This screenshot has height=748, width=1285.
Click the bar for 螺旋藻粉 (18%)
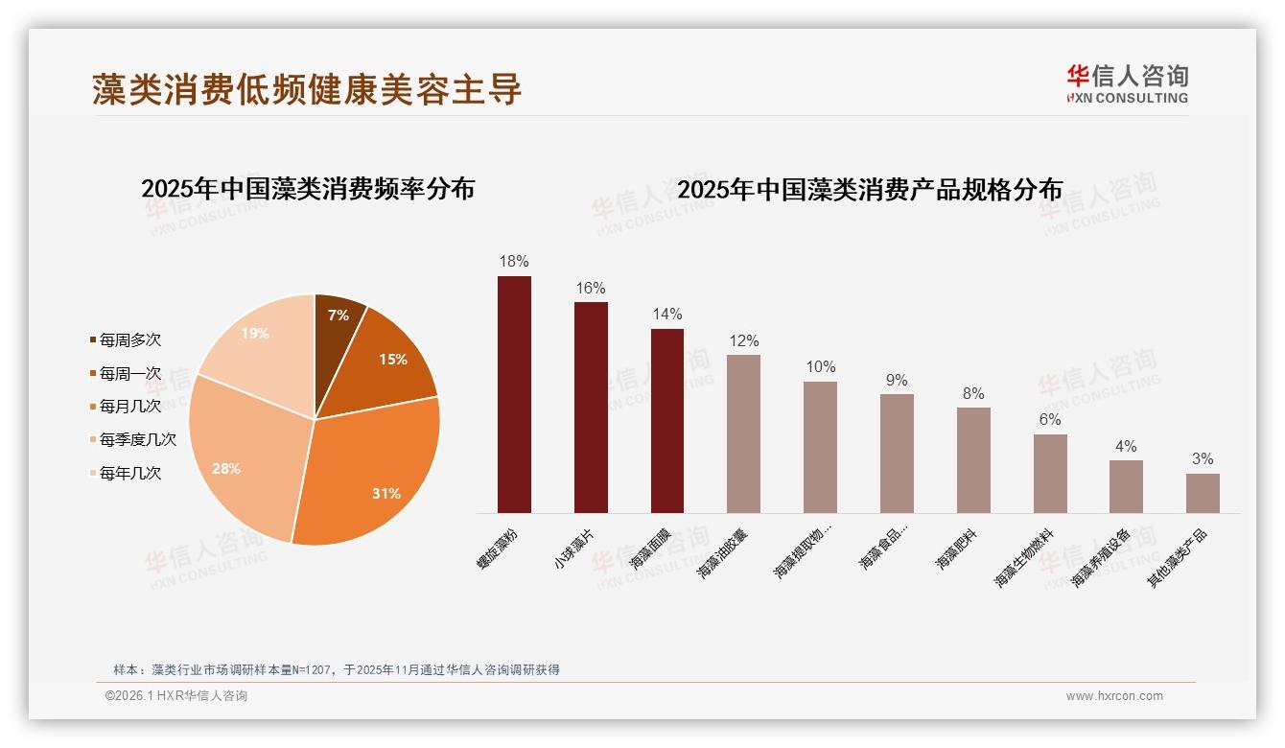click(514, 394)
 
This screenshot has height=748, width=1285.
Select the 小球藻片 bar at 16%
click(591, 408)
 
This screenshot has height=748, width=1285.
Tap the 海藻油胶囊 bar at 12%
click(743, 433)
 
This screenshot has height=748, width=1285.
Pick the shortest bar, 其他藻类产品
click(1203, 493)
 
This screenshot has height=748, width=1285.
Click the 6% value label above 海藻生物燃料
click(1050, 419)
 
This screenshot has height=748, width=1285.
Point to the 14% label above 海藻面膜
click(667, 314)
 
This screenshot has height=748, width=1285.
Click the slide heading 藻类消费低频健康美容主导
click(307, 88)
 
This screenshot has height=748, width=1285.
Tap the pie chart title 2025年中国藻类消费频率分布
click(308, 189)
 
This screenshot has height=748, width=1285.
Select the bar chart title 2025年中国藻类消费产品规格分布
click(870, 190)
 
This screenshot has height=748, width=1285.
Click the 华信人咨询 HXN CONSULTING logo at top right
click(1127, 83)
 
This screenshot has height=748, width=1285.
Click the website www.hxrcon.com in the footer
click(1114, 696)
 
